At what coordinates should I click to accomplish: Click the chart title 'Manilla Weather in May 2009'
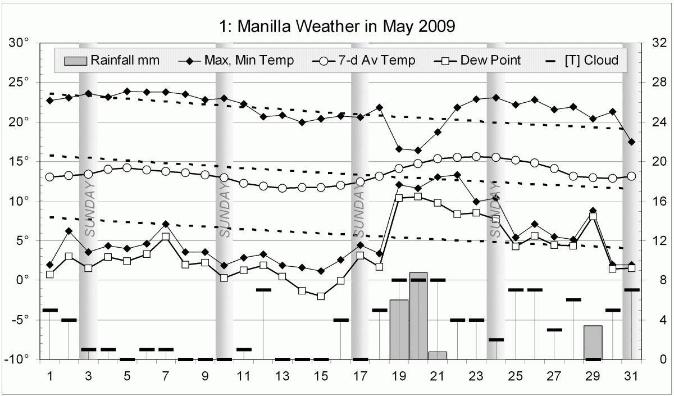[336, 26]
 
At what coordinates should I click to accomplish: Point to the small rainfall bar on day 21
[438, 356]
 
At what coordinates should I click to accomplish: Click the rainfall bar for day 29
[593, 343]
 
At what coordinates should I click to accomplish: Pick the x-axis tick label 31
[631, 375]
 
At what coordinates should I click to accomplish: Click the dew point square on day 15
[321, 296]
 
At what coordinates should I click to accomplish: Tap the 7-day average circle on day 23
[476, 157]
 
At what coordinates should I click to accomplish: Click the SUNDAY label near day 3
[90, 208]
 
